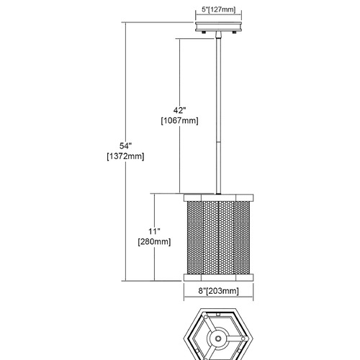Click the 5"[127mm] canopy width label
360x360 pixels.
(x=218, y=9)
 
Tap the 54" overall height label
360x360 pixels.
(x=126, y=146)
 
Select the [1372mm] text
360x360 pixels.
(x=125, y=156)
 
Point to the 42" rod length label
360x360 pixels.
(x=180, y=110)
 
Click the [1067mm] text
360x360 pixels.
(x=180, y=121)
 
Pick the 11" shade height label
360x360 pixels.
(x=154, y=231)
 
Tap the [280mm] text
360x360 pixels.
(x=154, y=242)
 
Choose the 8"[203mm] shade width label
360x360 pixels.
(x=218, y=291)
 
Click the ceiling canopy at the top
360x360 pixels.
(x=218, y=27)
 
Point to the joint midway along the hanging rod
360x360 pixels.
(x=218, y=143)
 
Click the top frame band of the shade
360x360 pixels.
(x=218, y=197)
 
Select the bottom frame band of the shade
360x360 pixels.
(x=218, y=277)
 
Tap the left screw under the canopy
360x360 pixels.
(x=204, y=32)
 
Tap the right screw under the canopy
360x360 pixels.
(x=234, y=32)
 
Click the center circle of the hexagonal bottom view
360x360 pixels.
(x=218, y=338)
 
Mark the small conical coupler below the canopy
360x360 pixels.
(x=218, y=35)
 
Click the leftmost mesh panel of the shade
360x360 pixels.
(x=195, y=238)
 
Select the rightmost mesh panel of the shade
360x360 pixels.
(x=242, y=238)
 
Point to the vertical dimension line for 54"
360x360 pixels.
(x=126, y=151)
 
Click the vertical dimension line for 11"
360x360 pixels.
(x=154, y=237)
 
